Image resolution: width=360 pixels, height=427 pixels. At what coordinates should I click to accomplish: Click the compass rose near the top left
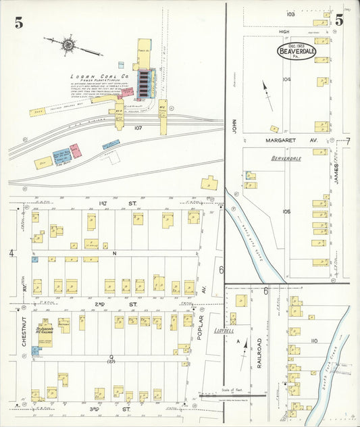click(x=68, y=46)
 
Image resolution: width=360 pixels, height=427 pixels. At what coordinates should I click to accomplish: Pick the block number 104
click(x=286, y=79)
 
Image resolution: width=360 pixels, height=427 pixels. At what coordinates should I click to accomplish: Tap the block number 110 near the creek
click(x=313, y=341)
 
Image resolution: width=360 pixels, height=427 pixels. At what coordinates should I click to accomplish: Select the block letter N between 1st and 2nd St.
click(x=115, y=253)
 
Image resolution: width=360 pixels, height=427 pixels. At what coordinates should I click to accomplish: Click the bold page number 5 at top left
click(x=19, y=22)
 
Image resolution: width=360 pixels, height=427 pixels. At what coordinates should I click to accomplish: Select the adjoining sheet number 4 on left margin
click(x=11, y=253)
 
